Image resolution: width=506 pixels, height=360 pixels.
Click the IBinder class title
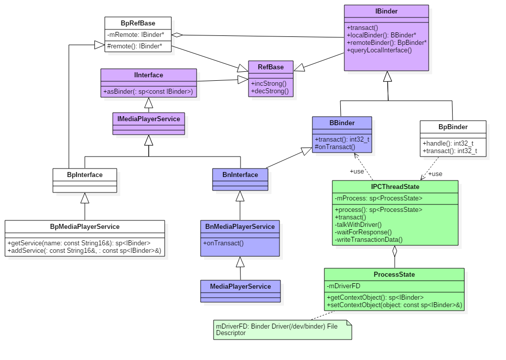(386, 11)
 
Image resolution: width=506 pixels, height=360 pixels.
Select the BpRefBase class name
(138, 23)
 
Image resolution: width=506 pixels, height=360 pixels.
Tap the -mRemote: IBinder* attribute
(136, 35)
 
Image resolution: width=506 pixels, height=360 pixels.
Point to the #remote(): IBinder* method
(135, 46)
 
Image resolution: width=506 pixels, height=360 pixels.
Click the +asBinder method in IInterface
(148, 92)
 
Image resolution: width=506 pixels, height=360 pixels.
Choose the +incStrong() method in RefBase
(269, 83)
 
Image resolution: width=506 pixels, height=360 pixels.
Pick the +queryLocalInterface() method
(379, 50)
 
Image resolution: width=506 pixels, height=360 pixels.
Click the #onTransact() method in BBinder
(335, 147)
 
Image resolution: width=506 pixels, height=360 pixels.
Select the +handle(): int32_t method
(448, 144)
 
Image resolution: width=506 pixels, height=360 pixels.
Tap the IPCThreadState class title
(395, 186)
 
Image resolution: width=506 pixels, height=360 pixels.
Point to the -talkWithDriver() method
(358, 225)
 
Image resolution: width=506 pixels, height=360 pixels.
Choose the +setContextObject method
(394, 305)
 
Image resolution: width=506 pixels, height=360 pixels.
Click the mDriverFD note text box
(282, 330)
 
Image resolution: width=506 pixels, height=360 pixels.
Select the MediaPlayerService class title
(241, 286)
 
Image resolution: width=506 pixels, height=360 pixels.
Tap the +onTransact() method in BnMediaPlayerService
(224, 243)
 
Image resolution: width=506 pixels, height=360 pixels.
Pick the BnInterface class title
(240, 175)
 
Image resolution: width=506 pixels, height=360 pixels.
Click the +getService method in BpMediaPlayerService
(79, 243)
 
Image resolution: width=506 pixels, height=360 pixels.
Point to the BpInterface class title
(85, 175)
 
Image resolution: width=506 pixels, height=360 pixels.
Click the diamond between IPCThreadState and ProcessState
(395, 250)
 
